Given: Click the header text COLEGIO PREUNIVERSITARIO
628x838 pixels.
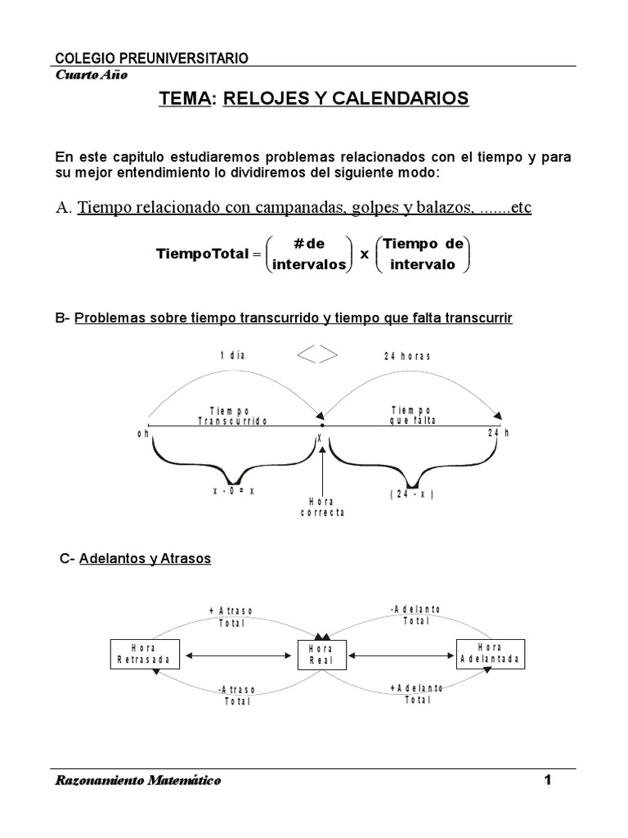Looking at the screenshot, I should pos(151,58).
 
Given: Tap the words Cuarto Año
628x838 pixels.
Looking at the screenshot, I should pos(91,74).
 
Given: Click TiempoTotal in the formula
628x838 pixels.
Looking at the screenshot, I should pos(202,254).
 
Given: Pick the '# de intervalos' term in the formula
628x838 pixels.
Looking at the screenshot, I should pos(308,254).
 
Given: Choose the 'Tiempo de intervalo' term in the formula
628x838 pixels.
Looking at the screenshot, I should pos(423,254).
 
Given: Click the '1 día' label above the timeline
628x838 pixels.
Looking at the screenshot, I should pos(233,356).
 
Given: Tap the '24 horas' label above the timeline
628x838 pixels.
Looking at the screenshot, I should pos(406,356).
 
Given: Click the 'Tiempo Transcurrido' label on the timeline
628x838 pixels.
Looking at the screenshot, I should pos(232,415).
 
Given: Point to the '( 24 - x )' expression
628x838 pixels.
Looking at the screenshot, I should pos(410,494).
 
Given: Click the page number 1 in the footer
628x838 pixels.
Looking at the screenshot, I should pos(548,781).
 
